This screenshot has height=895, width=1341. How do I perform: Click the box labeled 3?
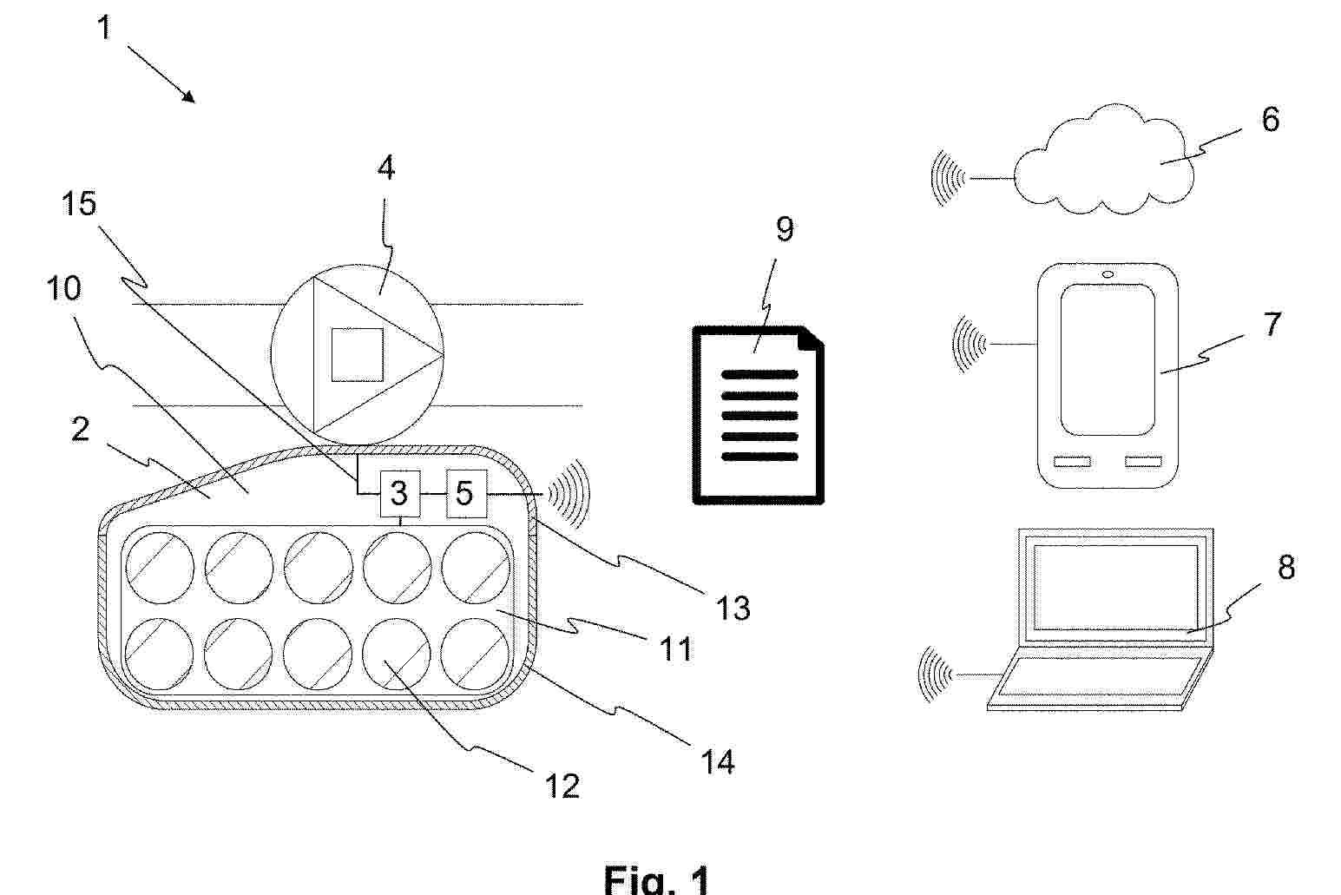click(399, 494)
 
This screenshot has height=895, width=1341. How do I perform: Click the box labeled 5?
click(466, 493)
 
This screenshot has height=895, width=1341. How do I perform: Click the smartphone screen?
click(1108, 359)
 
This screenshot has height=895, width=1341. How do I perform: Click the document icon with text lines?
click(758, 415)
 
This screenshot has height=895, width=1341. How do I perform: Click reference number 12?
click(562, 786)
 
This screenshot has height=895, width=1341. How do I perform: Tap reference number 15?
click(79, 204)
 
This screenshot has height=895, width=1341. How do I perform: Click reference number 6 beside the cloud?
click(1270, 119)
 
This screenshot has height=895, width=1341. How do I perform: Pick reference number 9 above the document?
click(785, 229)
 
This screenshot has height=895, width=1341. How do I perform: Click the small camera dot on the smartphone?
click(1108, 275)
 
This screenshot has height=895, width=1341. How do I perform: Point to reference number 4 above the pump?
click(386, 168)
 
